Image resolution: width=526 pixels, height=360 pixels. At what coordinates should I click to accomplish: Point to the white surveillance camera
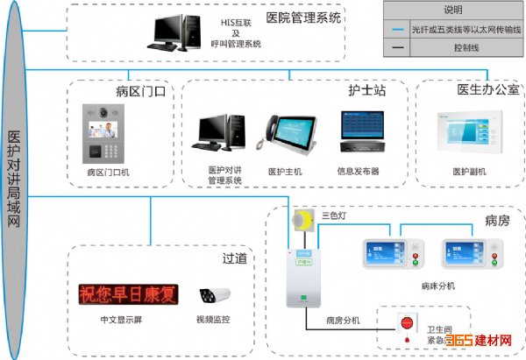211,296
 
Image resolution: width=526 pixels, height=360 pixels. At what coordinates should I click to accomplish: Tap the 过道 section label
233,259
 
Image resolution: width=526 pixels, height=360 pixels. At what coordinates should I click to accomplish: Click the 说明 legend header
452,11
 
